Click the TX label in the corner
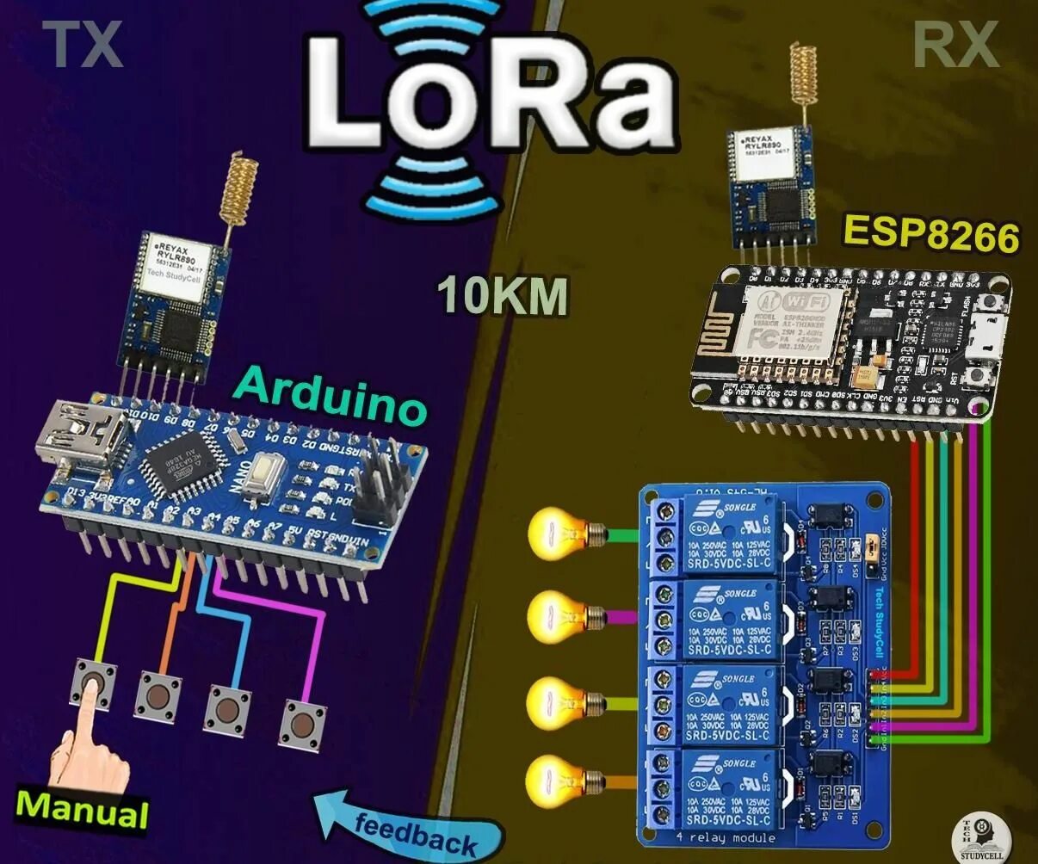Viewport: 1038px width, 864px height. coord(83,45)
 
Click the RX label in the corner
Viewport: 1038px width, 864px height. coord(955,45)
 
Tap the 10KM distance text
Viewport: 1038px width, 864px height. coord(504,295)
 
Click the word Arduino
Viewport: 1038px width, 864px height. coord(331,395)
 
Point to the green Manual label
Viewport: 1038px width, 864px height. coord(83,809)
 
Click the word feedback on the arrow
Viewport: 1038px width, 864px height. coord(415,831)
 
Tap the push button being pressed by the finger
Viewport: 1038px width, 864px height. coord(96,684)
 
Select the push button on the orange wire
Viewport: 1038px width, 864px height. coord(158,693)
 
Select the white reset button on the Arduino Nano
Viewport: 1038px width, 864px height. coord(263,482)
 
